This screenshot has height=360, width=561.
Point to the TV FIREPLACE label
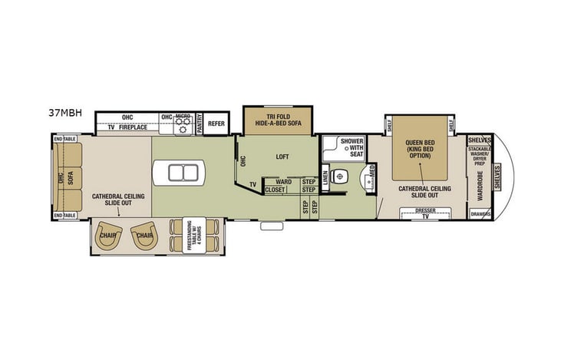tap(127, 127)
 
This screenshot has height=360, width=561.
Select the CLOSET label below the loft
tap(274, 190)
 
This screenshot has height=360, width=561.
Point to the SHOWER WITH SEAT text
tap(351, 147)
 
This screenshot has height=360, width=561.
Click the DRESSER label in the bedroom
tap(425, 209)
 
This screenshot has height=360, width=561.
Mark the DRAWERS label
tap(480, 215)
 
